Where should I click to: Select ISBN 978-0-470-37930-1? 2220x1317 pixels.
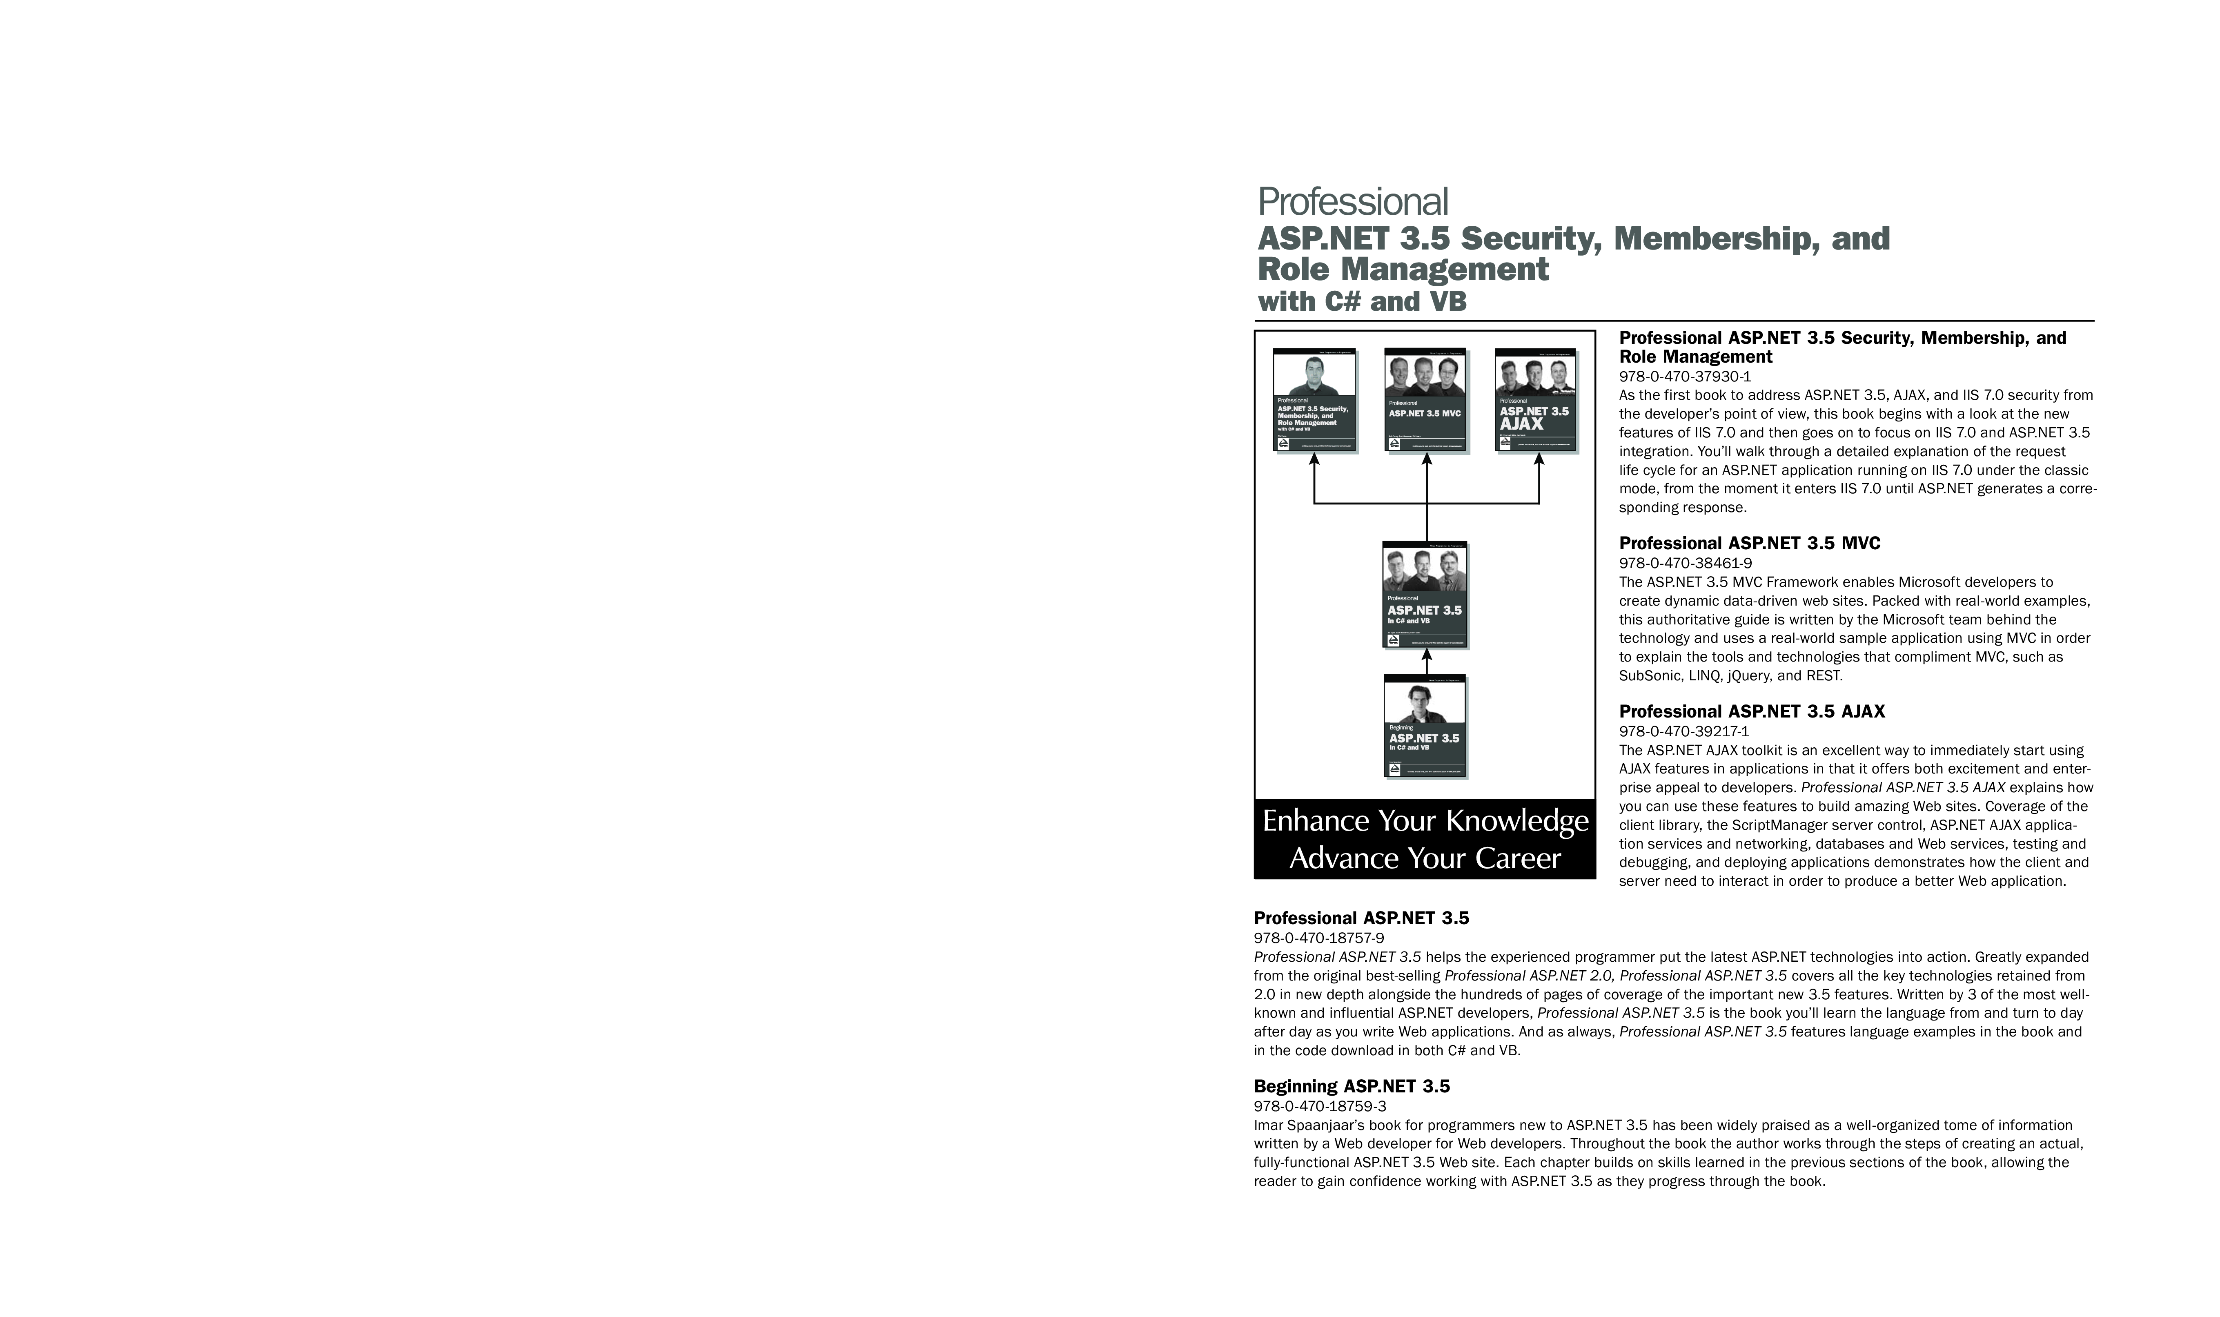1685,376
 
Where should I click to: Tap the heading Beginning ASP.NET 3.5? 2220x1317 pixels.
1352,1086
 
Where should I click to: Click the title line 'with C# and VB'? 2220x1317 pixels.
1362,302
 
